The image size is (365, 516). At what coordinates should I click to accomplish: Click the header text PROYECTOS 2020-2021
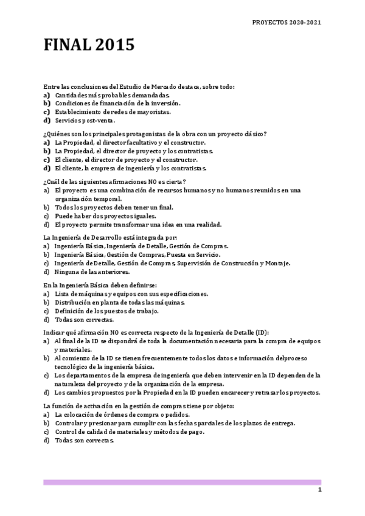click(286, 22)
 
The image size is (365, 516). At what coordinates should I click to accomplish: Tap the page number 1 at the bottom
click(319, 490)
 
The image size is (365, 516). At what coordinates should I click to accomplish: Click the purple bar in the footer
click(182, 482)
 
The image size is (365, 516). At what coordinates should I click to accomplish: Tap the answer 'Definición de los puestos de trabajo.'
click(106, 311)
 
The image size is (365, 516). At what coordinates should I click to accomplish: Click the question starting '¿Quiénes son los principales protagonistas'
click(155, 133)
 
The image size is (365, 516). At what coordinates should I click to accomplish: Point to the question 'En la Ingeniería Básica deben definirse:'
click(100, 285)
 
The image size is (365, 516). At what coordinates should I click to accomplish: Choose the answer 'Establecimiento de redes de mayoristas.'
click(113, 112)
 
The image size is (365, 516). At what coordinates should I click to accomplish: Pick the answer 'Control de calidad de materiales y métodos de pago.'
click(129, 431)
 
